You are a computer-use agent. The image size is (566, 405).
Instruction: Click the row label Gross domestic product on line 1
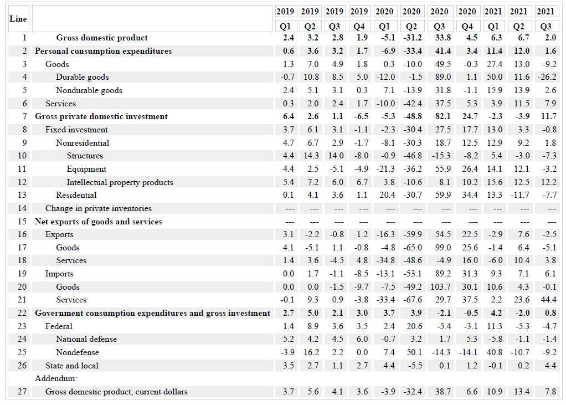tap(102, 38)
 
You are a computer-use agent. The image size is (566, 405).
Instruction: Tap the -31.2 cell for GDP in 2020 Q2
tap(411, 38)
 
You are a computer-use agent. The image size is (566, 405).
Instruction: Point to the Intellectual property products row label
tap(120, 182)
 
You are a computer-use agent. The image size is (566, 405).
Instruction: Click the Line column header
tap(18, 18)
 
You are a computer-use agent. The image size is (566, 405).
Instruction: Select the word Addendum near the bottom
tap(55, 378)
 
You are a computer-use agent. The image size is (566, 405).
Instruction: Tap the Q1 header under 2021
tap(493, 26)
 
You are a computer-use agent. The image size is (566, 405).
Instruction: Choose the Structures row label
tap(85, 156)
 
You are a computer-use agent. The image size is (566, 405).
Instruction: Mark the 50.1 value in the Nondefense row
tap(411, 352)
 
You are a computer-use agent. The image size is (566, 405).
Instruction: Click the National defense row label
tap(86, 339)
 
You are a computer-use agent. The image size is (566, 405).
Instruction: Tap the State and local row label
tap(72, 366)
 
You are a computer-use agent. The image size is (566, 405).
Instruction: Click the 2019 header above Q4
tap(359, 11)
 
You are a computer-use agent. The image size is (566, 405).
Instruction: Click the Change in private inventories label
tap(98, 208)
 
